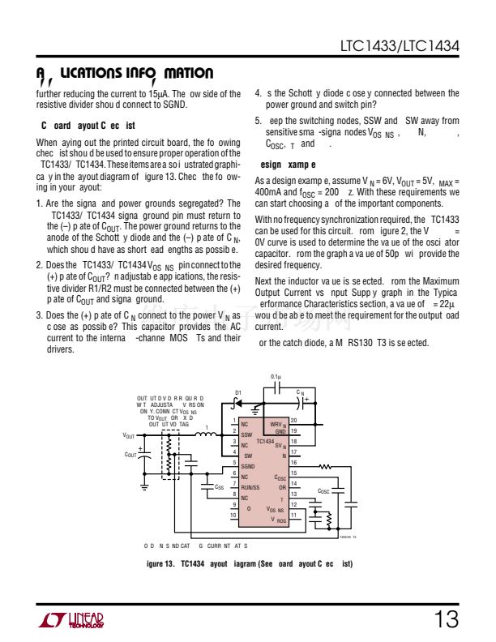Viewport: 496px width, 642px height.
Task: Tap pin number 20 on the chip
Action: tap(294, 420)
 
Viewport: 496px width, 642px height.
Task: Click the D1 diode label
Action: tap(237, 393)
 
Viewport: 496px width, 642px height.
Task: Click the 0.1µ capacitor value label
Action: tap(276, 377)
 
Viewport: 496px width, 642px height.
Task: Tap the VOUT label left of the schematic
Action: tap(129, 435)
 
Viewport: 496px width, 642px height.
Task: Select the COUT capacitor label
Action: tap(130, 455)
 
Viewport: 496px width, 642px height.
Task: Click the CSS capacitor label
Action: tap(219, 487)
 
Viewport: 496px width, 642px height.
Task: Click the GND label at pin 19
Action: tap(280, 431)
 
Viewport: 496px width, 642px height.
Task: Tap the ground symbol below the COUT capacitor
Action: tap(144, 484)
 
